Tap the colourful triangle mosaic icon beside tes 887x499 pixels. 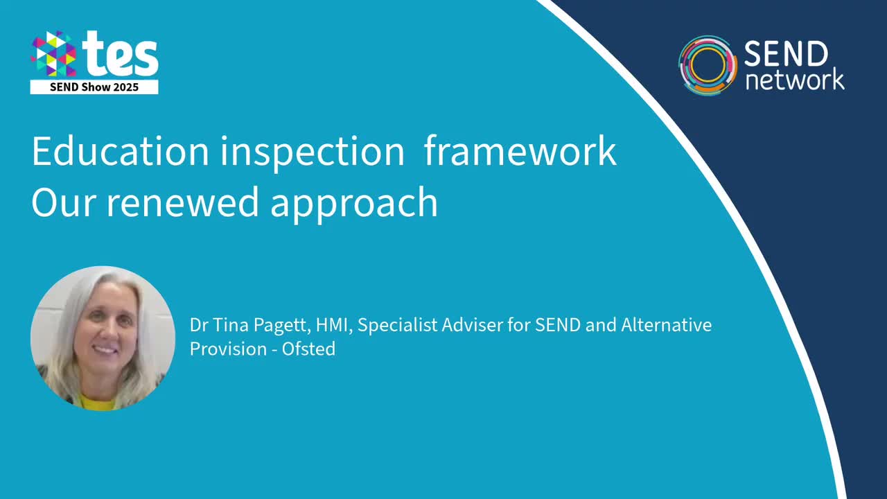tap(53, 54)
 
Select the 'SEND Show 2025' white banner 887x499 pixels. tap(94, 87)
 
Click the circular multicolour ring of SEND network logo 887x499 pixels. tap(707, 65)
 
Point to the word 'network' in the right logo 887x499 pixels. tap(794, 79)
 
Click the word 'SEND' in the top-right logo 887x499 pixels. tap(786, 54)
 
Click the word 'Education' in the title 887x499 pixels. tap(120, 151)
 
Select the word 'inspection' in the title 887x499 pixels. tap(313, 152)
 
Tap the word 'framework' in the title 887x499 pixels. tap(520, 151)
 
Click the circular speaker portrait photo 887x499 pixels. tap(103, 338)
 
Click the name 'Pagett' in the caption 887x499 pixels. tap(265, 325)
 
